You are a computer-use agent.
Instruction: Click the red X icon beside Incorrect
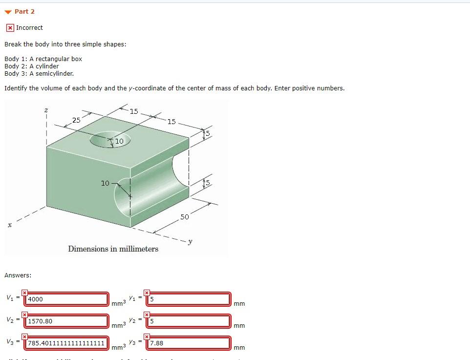click(x=10, y=28)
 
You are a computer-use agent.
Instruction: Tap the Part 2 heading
click(x=24, y=11)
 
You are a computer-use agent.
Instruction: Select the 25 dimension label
click(x=76, y=120)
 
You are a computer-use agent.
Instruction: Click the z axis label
click(x=46, y=111)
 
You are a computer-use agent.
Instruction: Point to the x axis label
click(x=9, y=225)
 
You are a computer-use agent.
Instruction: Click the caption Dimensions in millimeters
click(x=113, y=249)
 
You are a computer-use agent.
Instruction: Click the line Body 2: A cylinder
click(x=32, y=66)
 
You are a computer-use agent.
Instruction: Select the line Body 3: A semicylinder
click(x=39, y=73)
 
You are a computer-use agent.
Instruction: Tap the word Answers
click(x=18, y=275)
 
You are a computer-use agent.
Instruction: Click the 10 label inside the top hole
click(x=119, y=141)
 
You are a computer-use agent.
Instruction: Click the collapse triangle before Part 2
click(x=8, y=11)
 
